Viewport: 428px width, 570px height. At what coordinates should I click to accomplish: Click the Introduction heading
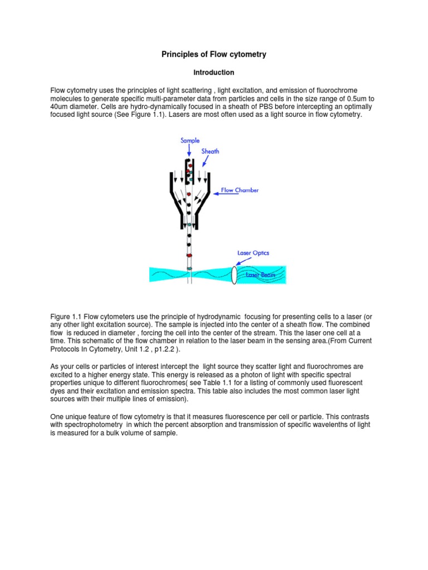(x=214, y=72)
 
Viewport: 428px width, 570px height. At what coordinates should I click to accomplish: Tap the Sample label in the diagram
(x=190, y=141)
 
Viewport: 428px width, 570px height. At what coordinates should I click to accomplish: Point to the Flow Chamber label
(x=240, y=190)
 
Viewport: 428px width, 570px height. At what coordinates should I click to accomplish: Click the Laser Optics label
(x=253, y=253)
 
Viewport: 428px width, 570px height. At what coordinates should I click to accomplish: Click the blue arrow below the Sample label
(x=190, y=150)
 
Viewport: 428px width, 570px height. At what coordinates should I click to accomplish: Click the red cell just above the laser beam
(x=189, y=255)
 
